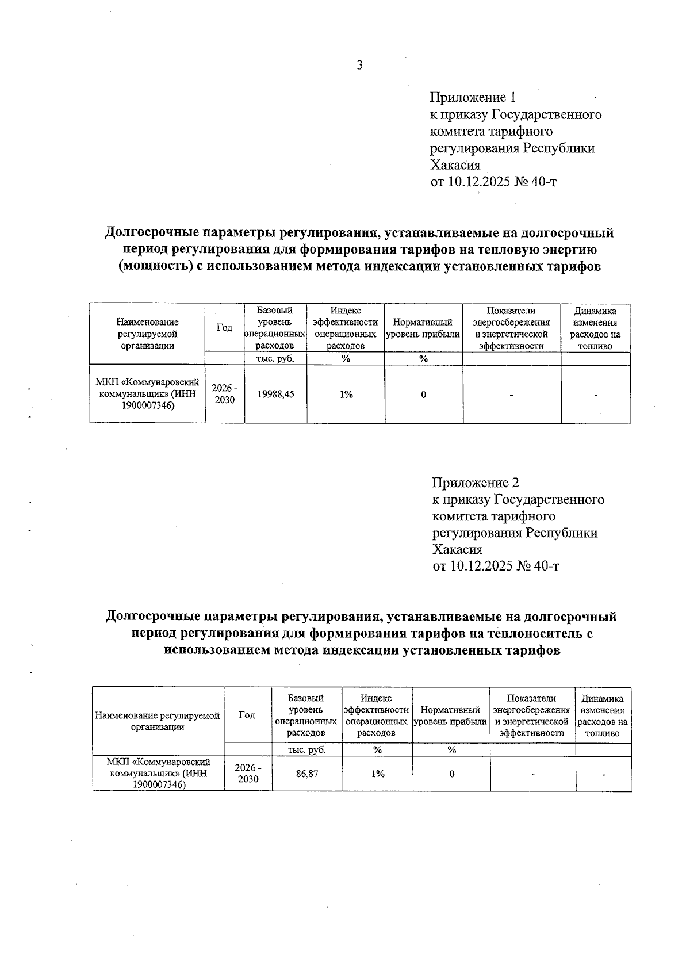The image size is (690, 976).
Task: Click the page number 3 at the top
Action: coord(359,66)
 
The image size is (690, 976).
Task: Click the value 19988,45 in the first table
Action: coord(275,395)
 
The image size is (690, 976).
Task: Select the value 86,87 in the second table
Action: coord(307,774)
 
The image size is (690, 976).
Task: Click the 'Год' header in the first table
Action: coord(224,328)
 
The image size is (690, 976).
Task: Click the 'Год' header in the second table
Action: coord(247,715)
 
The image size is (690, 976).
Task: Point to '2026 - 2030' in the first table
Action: coord(224,395)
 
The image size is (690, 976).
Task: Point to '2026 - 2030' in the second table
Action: coord(248,774)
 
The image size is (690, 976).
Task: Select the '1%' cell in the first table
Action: coord(346,395)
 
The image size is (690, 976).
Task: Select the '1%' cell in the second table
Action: coord(377,774)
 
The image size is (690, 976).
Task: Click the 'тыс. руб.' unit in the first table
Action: coord(275,359)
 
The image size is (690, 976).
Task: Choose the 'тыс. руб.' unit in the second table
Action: coord(307,750)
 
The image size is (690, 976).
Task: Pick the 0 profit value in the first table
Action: coord(424,395)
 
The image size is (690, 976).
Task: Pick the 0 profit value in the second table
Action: coord(452,774)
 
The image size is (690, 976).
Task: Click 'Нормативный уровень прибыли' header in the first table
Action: coord(424,328)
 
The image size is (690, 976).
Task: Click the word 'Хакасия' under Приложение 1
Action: coord(455,166)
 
